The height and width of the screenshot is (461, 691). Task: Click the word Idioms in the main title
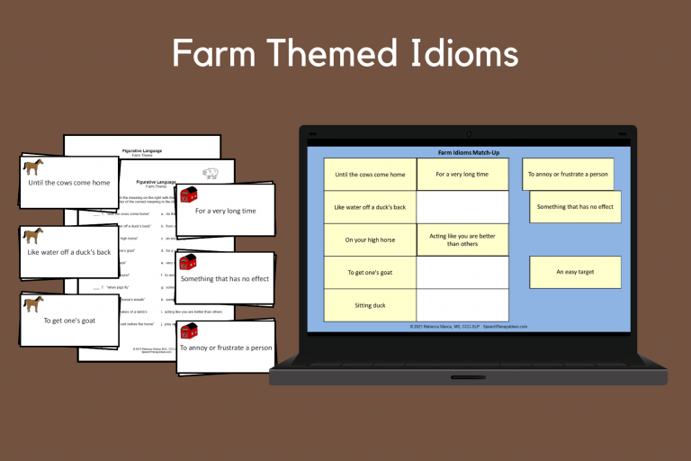(x=455, y=54)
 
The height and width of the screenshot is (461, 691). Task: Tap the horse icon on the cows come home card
(x=33, y=167)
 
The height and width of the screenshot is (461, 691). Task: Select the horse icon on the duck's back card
(x=33, y=236)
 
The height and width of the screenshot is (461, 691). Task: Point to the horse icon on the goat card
(x=33, y=303)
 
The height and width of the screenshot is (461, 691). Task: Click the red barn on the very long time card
(x=188, y=194)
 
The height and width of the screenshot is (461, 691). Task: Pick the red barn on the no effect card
(x=188, y=262)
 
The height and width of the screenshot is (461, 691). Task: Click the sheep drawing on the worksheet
(x=211, y=173)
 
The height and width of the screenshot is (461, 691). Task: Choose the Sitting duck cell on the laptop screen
(x=370, y=305)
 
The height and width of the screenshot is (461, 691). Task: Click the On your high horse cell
(x=370, y=240)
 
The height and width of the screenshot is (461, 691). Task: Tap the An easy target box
(x=575, y=272)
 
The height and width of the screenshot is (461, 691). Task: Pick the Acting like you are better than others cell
(x=462, y=239)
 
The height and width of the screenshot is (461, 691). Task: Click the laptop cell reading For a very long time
(x=462, y=175)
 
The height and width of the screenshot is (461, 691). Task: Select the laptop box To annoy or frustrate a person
(x=568, y=175)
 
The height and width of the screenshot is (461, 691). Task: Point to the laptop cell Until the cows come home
(x=370, y=175)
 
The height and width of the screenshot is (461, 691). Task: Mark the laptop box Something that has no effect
(x=575, y=207)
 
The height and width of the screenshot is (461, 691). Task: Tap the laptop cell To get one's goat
(x=370, y=273)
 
